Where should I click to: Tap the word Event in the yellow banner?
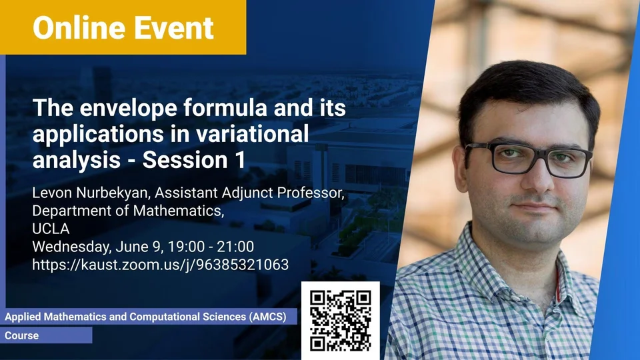[x=174, y=28]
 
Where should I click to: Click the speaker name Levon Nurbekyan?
[x=90, y=193]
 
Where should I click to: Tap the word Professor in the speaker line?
[x=311, y=193]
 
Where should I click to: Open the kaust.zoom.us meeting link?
[x=161, y=265]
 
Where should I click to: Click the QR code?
[x=341, y=321]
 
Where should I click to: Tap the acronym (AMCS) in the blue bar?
[x=268, y=317]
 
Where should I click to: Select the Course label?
[x=21, y=335]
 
